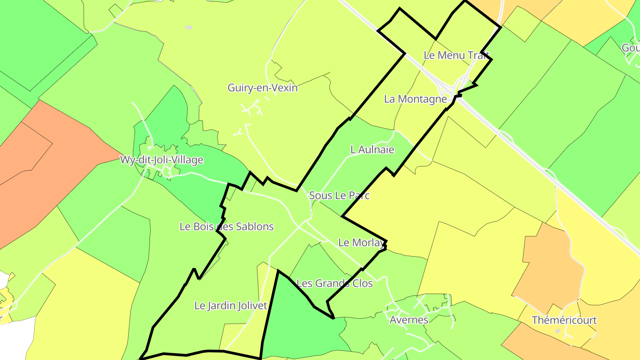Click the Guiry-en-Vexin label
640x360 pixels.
point(262,88)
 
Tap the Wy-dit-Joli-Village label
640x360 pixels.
point(162,160)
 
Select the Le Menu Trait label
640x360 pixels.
point(456,55)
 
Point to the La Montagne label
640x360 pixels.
point(415,99)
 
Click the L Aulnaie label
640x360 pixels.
point(372,150)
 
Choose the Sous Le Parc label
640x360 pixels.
point(339,195)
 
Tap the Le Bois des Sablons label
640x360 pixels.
point(226,227)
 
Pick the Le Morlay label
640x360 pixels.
point(360,243)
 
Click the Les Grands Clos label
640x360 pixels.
point(334,283)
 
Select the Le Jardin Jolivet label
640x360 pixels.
point(231,306)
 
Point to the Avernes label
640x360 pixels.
point(409,320)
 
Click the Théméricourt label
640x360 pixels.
point(564,320)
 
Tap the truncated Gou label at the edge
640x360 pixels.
point(631,48)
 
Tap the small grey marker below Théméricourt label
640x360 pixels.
point(558,331)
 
